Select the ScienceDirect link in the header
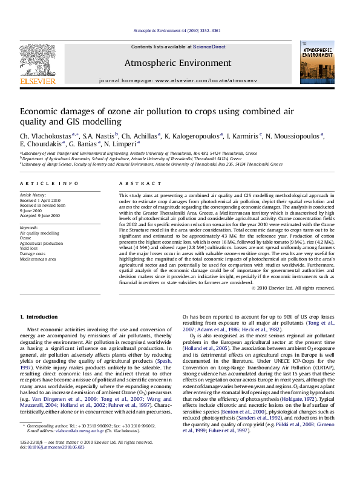(209, 47)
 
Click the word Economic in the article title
(42, 111)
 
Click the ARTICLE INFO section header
(41, 183)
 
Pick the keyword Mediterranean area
(38, 258)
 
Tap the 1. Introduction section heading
(39, 316)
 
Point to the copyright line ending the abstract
(292, 288)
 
